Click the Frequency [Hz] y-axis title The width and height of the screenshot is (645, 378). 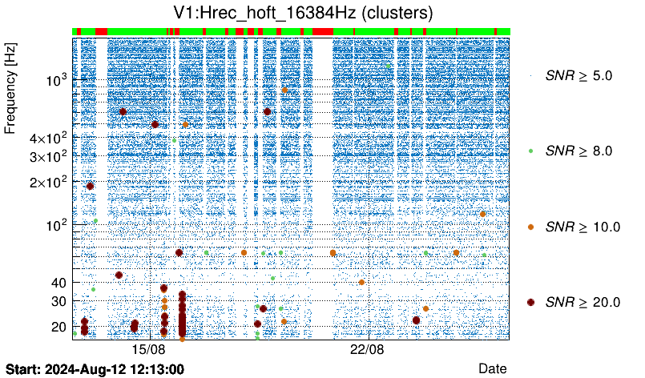click(x=11, y=90)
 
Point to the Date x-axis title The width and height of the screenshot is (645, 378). click(x=492, y=368)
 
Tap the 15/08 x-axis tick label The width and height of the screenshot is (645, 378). click(x=148, y=350)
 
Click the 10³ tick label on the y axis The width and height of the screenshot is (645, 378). click(x=56, y=80)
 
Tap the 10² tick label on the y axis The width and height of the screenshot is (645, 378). click(x=56, y=223)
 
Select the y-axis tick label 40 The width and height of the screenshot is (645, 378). click(x=59, y=282)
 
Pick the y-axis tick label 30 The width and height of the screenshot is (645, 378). click(x=59, y=300)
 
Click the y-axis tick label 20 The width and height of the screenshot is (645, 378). click(x=59, y=326)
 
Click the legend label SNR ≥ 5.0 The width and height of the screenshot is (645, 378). click(x=578, y=76)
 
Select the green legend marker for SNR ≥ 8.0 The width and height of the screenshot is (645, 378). click(x=531, y=151)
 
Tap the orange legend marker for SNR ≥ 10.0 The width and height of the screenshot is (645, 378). click(x=531, y=227)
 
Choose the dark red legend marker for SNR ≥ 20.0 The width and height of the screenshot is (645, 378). click(x=531, y=302)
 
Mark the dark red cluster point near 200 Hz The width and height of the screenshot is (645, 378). click(x=91, y=186)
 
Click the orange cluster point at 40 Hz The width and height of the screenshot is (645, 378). click(x=361, y=282)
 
